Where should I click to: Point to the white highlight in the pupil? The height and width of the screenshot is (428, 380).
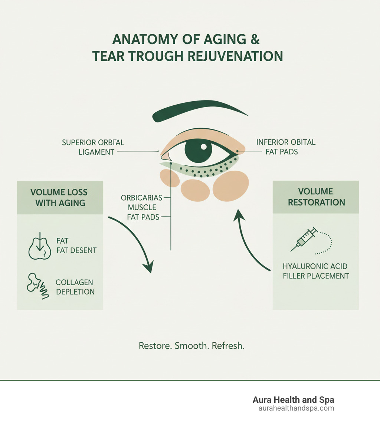[x=203, y=147]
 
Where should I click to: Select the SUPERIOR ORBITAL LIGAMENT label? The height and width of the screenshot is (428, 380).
[x=93, y=147]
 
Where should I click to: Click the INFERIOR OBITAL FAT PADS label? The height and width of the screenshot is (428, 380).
[x=285, y=147]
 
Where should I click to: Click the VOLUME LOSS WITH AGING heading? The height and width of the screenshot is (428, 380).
[x=59, y=197]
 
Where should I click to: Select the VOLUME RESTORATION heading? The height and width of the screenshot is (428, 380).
[x=316, y=197]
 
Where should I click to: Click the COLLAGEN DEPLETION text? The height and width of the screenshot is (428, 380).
[x=75, y=287]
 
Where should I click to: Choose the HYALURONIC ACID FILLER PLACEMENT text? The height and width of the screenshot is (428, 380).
[x=316, y=271]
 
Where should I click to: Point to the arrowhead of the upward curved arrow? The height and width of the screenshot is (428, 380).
[x=237, y=214]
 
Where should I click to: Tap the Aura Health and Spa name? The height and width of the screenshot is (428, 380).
[x=293, y=400]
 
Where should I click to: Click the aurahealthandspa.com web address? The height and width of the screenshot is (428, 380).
[x=296, y=408]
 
